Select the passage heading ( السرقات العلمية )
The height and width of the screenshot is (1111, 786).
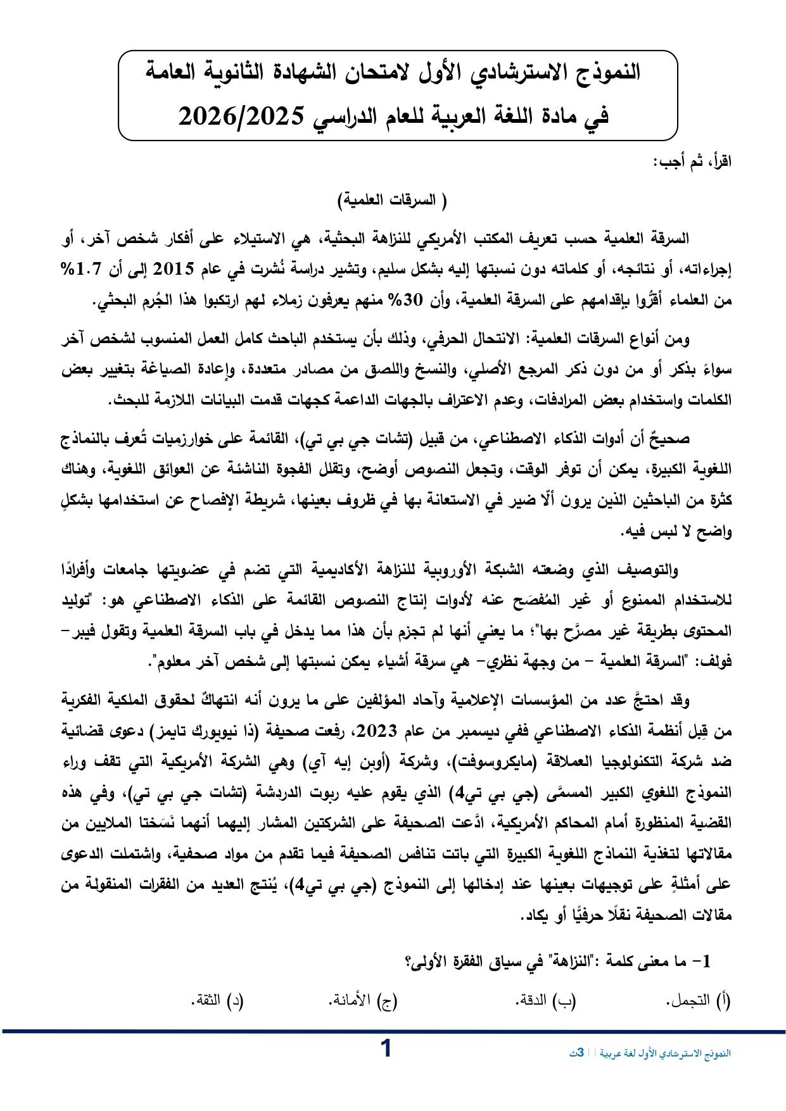[x=392, y=201]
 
